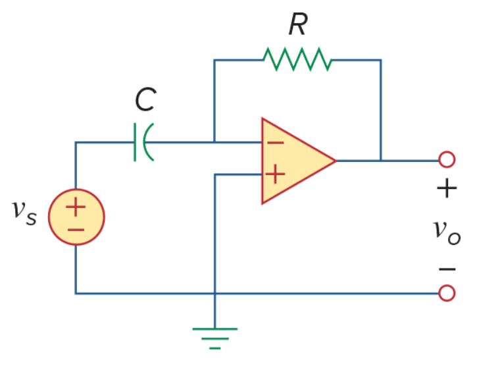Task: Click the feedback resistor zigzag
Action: [297, 59]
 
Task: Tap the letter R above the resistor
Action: [298, 24]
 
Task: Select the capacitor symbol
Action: [144, 142]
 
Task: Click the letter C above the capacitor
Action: [146, 99]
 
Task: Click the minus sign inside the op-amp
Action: [276, 143]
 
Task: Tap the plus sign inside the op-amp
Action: [275, 174]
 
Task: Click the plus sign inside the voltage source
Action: [76, 207]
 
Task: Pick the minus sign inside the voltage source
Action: [76, 230]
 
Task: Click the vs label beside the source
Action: [24, 213]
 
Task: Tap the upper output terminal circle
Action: [447, 159]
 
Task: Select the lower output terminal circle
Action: [447, 293]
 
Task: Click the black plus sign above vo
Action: [447, 188]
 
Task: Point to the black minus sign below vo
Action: [447, 269]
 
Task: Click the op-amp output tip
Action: [336, 161]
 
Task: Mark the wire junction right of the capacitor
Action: [214, 142]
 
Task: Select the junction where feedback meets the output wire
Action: [381, 161]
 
